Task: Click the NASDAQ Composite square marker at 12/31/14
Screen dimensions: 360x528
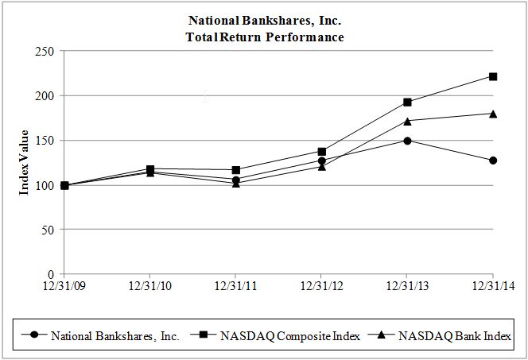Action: point(493,76)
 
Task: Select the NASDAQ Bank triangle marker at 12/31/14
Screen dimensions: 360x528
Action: point(493,114)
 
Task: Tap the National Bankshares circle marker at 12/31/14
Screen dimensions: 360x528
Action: point(493,161)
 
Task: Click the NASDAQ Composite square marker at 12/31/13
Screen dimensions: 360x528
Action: point(407,102)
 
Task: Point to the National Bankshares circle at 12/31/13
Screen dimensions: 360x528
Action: point(407,141)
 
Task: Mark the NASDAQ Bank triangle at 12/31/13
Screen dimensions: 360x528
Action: point(407,121)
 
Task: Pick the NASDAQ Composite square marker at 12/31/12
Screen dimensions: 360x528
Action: point(321,151)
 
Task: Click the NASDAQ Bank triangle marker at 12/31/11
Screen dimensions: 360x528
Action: point(235,184)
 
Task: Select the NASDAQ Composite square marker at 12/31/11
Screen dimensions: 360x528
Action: point(235,170)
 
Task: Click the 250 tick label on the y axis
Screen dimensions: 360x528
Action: point(44,51)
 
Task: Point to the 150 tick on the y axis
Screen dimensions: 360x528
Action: point(44,141)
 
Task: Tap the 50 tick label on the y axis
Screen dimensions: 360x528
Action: point(47,230)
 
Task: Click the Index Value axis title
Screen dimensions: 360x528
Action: point(25,162)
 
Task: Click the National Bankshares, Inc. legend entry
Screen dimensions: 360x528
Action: point(115,336)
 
